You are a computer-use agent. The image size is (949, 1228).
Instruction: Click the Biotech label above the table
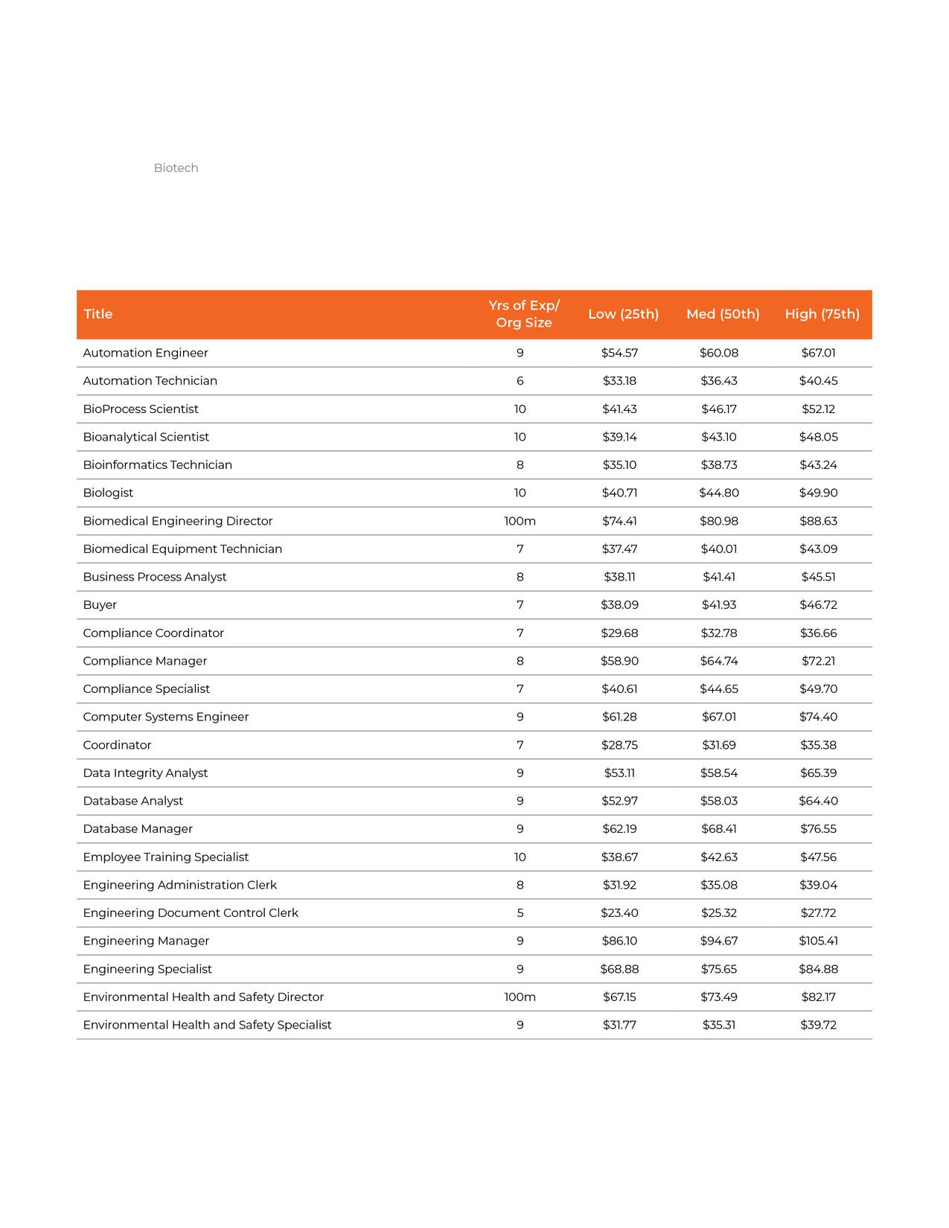[x=176, y=168]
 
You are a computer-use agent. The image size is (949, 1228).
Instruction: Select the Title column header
[x=98, y=314]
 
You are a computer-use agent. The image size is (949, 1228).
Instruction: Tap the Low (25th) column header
[x=623, y=314]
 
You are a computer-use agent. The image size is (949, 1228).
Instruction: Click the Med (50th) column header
[x=723, y=314]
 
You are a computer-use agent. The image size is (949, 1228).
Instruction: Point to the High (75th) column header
[x=822, y=314]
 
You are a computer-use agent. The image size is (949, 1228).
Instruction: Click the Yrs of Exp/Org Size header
[x=524, y=314]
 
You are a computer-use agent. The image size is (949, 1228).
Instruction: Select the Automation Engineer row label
[x=145, y=353]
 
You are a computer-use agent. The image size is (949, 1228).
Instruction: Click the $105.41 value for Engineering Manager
[x=818, y=941]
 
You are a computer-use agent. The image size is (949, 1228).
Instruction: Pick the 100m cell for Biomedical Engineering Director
[x=520, y=521]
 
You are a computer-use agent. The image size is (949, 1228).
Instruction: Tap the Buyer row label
[x=100, y=605]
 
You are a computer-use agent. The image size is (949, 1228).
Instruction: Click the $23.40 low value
[x=619, y=913]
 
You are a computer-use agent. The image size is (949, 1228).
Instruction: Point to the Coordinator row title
[x=117, y=745]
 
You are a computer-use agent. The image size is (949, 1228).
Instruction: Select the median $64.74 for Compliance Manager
[x=719, y=661]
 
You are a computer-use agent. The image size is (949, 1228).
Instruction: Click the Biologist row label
[x=108, y=493]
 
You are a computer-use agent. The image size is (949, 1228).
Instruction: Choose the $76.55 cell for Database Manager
[x=818, y=829]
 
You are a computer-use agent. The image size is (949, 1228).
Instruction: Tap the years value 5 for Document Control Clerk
[x=520, y=913]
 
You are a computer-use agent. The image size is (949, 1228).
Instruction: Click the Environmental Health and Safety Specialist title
[x=207, y=1025]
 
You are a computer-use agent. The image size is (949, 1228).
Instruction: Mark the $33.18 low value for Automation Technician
[x=619, y=381]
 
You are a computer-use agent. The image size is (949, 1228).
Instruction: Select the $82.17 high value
[x=818, y=997]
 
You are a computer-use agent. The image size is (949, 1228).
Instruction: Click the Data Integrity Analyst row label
[x=145, y=773]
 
